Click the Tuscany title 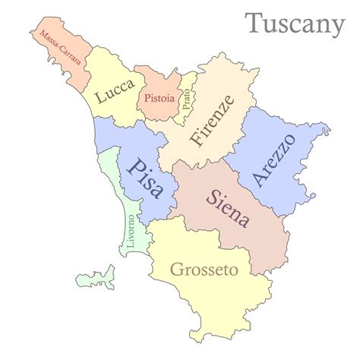click(x=295, y=24)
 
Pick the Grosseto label click(x=204, y=270)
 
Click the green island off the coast click(x=100, y=275)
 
